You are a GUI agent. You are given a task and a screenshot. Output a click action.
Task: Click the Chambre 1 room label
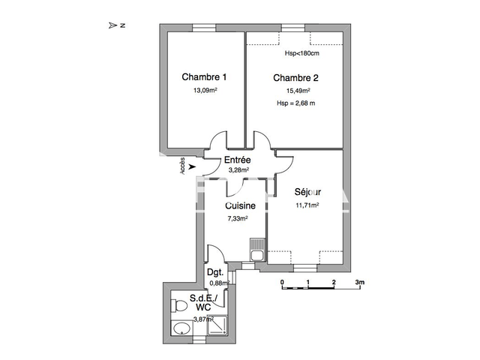205,76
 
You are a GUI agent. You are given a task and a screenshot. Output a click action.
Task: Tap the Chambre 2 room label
296,78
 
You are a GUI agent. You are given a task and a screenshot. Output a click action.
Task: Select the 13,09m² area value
205,91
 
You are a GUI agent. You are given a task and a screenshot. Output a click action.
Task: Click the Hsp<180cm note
302,53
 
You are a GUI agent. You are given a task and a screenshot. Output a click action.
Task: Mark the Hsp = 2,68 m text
295,103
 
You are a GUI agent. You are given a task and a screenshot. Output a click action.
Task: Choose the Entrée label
237,160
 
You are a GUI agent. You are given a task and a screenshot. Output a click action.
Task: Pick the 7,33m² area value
238,218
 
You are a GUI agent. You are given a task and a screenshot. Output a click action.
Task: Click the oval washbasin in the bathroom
179,328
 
